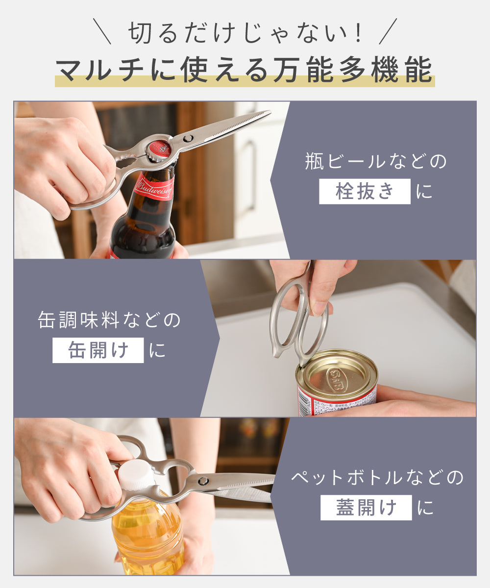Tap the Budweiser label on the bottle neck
point(154,187)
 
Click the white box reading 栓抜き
point(365,191)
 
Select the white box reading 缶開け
point(98,350)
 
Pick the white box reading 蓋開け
point(366,508)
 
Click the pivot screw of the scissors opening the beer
point(188,138)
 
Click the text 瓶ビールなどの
point(376,161)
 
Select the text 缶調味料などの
point(109,320)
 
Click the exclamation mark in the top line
point(358,33)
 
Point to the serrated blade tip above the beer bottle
point(269,113)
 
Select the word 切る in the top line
point(152,33)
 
